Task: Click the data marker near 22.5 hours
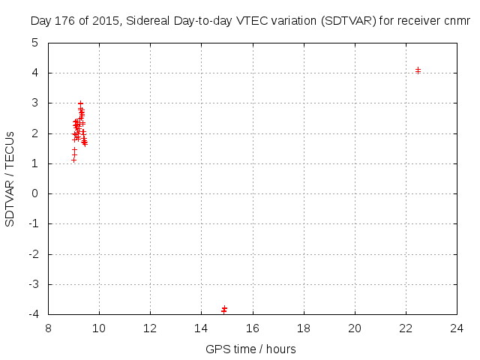pyautogui.click(x=418, y=70)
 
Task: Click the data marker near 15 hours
pyautogui.click(x=224, y=309)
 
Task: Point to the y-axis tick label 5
pyautogui.click(x=35, y=43)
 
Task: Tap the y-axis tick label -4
pyautogui.click(x=33, y=314)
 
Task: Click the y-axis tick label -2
pyautogui.click(x=33, y=254)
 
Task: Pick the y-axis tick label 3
pyautogui.click(x=35, y=103)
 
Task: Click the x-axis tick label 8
pyautogui.click(x=49, y=328)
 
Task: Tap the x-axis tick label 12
pyautogui.click(x=151, y=328)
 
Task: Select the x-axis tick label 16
pyautogui.click(x=253, y=328)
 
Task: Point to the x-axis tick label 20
pyautogui.click(x=355, y=328)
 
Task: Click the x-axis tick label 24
pyautogui.click(x=457, y=328)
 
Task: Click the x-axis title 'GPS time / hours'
pyautogui.click(x=251, y=349)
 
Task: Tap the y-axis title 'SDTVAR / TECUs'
pyautogui.click(x=10, y=178)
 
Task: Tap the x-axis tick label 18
pyautogui.click(x=304, y=328)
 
